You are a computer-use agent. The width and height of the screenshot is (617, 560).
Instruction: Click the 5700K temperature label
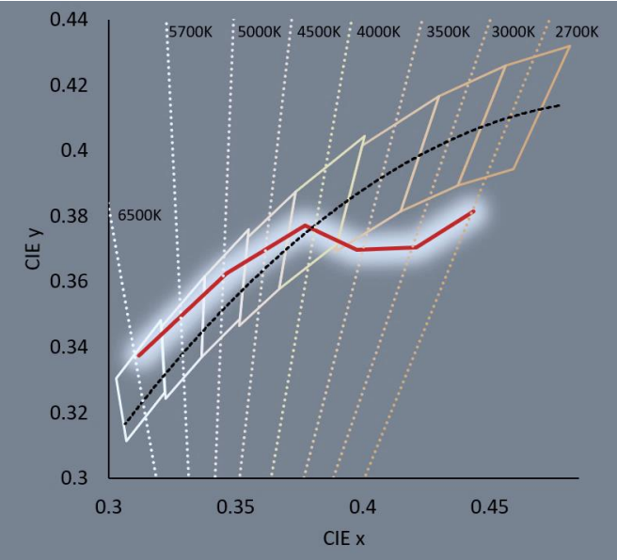click(190, 31)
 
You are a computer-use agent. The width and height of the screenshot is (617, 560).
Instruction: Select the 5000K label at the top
click(260, 31)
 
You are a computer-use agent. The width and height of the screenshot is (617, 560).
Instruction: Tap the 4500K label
click(319, 31)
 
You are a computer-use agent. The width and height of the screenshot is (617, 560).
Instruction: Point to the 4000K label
click(378, 31)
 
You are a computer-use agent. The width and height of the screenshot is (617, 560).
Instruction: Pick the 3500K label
click(449, 31)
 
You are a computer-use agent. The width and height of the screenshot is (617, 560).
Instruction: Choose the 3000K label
click(514, 31)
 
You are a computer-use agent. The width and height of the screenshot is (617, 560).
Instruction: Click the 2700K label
click(577, 31)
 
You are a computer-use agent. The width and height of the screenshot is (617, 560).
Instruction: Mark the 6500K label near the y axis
click(140, 215)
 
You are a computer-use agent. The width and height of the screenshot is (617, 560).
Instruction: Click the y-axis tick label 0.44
click(70, 20)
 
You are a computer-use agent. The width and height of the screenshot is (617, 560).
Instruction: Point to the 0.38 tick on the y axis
click(70, 216)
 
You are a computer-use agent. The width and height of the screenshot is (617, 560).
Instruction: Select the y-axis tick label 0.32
click(70, 412)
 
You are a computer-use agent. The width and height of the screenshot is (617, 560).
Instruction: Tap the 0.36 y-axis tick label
click(70, 281)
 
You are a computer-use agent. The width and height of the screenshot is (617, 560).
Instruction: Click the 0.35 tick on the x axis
click(236, 507)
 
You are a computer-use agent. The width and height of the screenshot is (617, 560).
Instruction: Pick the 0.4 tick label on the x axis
click(363, 507)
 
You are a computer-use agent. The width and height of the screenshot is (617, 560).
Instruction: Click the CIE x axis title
click(344, 538)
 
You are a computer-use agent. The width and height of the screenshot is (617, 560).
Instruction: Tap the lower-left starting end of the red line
click(138, 356)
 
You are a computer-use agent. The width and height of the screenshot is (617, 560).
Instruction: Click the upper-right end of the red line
click(474, 211)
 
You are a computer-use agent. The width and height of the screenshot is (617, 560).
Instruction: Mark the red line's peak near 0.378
click(306, 226)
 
